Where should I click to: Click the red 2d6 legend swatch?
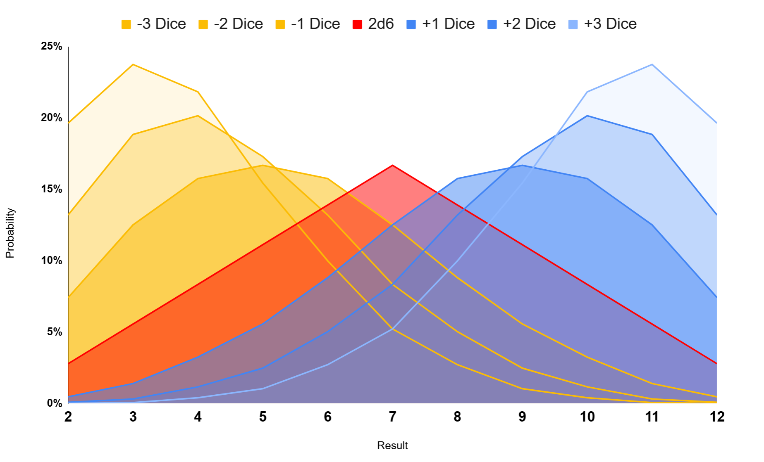[357, 24]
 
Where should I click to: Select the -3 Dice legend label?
[161, 24]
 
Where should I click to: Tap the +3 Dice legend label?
[610, 24]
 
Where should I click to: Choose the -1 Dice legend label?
[315, 24]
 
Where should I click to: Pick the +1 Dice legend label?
[448, 24]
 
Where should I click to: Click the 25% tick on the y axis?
[51, 46]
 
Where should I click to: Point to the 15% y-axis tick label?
[51, 189]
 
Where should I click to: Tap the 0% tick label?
[54, 403]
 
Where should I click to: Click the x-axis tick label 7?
[392, 417]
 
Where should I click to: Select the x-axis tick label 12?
[717, 417]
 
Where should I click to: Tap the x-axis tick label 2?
[68, 417]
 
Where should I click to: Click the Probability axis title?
[10, 233]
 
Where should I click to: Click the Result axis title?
[392, 446]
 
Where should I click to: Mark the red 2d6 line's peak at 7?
[392, 165]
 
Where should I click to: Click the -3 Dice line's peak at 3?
[133, 64]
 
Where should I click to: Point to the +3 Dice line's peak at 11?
[652, 64]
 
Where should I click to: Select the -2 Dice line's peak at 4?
[198, 116]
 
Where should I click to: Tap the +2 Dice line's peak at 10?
[587, 116]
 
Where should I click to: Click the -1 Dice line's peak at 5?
[263, 165]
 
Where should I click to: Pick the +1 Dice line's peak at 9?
[522, 165]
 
